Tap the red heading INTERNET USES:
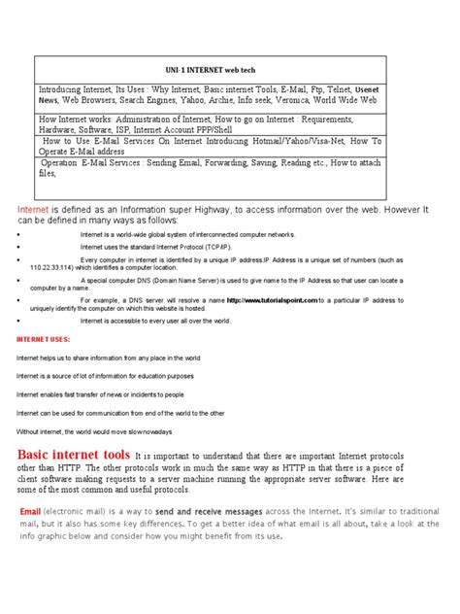tap(44, 340)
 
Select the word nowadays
tap(150, 430)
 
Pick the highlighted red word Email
tap(30, 512)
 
